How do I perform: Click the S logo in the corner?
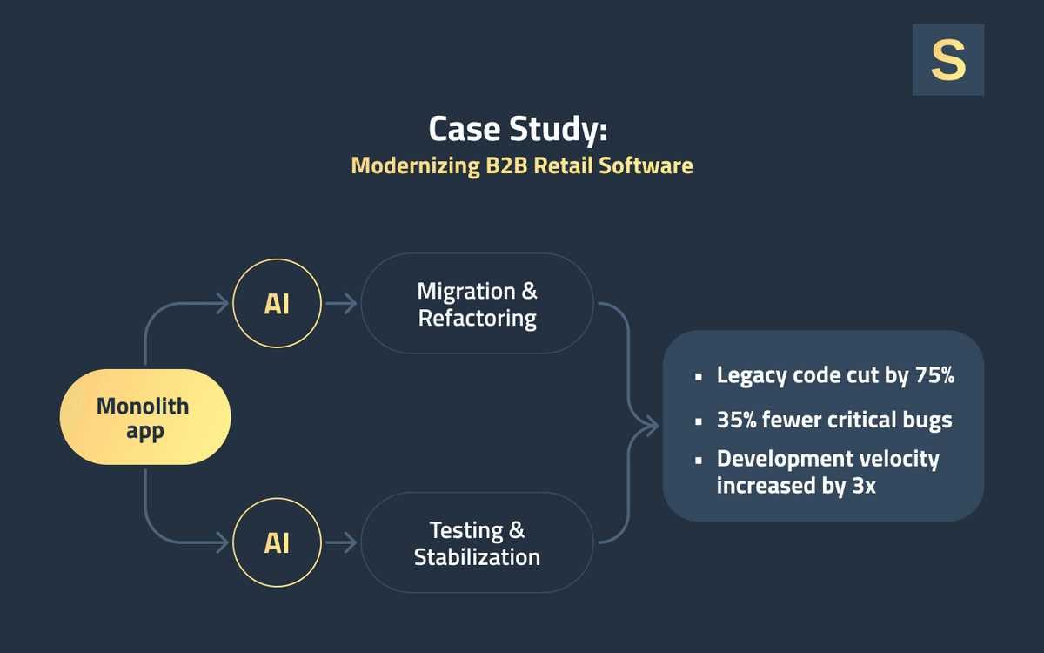947,59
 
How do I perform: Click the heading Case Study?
518,129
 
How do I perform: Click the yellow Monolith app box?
144,417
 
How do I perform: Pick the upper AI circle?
277,304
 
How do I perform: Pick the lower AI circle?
277,543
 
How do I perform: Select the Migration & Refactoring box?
477,304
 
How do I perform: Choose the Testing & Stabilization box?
477,543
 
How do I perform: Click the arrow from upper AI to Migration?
341,304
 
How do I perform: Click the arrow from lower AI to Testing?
341,543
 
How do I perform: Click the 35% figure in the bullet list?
736,420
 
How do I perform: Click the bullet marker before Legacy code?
699,377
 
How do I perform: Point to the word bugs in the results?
927,420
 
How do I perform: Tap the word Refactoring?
477,318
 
